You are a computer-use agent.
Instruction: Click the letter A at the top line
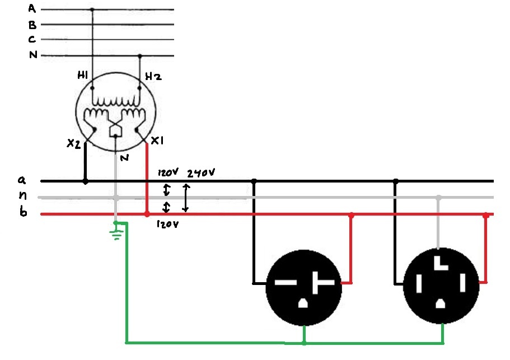click(x=32, y=8)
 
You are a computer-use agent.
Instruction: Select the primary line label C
click(x=32, y=39)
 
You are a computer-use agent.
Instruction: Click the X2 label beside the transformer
click(x=73, y=144)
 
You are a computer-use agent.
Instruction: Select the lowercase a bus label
click(x=22, y=180)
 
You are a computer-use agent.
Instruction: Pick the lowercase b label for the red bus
click(x=22, y=213)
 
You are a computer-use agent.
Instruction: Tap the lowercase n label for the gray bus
click(x=22, y=197)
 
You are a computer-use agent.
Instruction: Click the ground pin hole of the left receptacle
click(x=303, y=303)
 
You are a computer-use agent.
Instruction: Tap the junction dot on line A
click(x=92, y=10)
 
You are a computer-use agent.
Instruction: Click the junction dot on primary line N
click(x=139, y=56)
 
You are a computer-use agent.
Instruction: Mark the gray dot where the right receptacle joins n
click(x=439, y=198)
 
